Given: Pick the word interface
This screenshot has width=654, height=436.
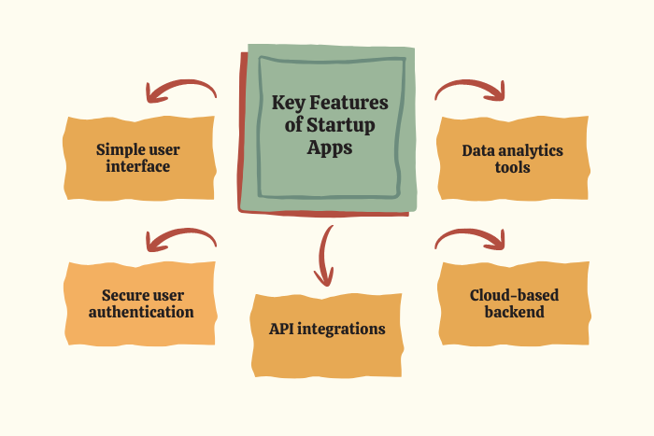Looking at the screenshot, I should click(137, 167).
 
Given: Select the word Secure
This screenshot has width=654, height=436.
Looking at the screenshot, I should click(117, 295).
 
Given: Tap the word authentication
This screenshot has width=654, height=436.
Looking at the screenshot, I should click(141, 312).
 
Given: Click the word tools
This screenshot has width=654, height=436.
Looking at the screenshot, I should click(514, 168).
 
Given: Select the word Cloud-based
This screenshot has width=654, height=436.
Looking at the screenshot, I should click(514, 295).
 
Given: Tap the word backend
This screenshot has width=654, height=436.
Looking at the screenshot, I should click(514, 312).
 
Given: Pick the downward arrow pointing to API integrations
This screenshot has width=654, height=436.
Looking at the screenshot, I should click(325, 255).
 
